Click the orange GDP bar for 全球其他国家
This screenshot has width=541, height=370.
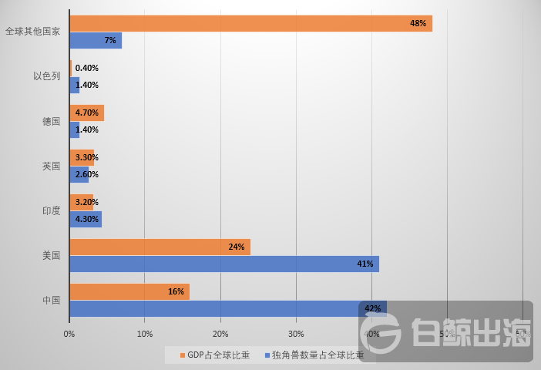[250, 23]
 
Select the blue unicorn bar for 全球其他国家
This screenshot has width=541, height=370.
[96, 40]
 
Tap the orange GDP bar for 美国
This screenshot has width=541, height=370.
[160, 247]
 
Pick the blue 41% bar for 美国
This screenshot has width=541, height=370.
[223, 264]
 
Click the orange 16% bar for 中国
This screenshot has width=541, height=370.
[129, 291]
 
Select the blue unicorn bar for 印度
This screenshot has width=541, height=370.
[86, 219]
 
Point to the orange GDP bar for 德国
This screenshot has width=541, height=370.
[86, 113]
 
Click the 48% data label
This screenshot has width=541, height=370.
[418, 23]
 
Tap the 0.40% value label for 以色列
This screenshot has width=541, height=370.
[87, 68]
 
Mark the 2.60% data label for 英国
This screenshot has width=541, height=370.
[87, 174]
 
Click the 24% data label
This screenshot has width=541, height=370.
[236, 247]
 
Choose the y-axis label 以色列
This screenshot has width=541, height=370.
[46, 76]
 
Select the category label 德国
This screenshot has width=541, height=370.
[51, 121]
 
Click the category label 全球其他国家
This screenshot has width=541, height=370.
[32, 32]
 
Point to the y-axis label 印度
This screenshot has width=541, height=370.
[51, 210]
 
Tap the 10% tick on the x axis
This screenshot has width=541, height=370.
[144, 334]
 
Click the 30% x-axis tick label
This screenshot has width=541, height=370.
[296, 334]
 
